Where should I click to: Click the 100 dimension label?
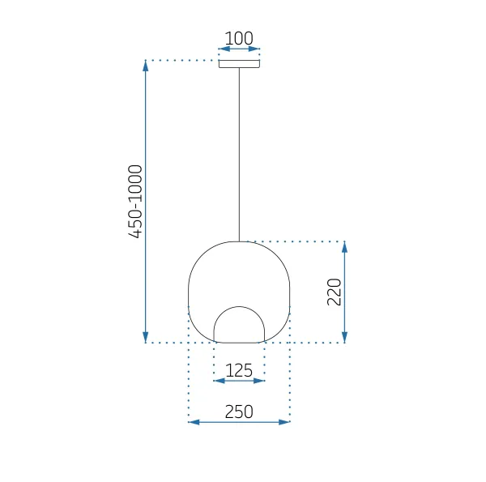tap(239, 38)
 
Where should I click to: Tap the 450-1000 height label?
tap(135, 202)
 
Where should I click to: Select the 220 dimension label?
tap(334, 292)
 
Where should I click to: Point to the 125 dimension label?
tap(239, 370)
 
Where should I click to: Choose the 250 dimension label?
tap(239, 412)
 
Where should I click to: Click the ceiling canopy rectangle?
tap(239, 64)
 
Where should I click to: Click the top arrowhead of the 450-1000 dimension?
tap(145, 66)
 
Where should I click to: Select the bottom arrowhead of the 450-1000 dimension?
tap(145, 337)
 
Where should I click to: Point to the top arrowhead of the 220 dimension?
tap(344, 247)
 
